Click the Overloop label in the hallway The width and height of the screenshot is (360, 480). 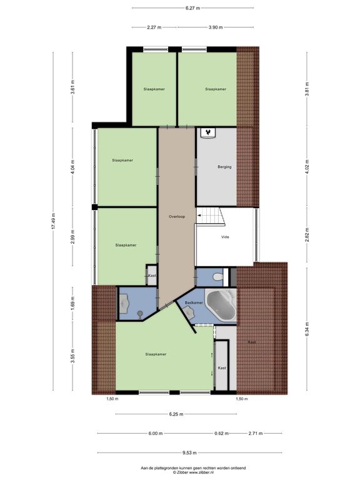(177, 217)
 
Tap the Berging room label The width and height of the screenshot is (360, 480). (224, 167)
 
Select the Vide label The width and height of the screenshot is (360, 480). (225, 237)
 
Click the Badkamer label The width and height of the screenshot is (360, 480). (194, 302)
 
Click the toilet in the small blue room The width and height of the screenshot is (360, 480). (217, 277)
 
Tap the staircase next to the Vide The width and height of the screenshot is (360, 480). (210, 216)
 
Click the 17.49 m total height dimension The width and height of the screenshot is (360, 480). (53, 221)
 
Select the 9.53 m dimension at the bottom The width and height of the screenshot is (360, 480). (189, 452)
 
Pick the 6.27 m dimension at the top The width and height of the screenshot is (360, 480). (192, 8)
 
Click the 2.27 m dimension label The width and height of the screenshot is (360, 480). (154, 27)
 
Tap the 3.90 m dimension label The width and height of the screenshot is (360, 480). (216, 27)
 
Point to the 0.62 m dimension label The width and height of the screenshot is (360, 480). (221, 434)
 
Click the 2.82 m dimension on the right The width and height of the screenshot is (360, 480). (307, 234)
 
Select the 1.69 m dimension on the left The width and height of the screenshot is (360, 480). (72, 303)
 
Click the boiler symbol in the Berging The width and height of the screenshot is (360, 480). (208, 133)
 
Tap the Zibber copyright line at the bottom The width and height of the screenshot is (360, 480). (193, 472)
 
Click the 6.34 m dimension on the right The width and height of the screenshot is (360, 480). (307, 329)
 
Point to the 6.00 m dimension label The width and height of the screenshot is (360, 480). (155, 434)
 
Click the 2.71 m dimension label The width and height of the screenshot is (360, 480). (255, 434)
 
